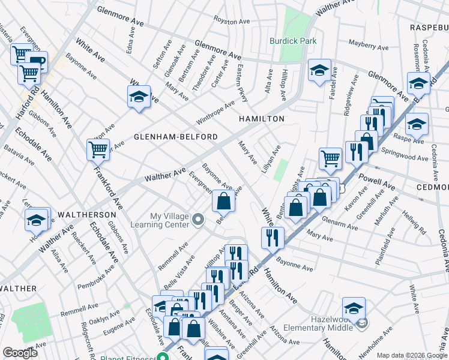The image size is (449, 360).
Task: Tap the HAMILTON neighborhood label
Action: [x=262, y=119]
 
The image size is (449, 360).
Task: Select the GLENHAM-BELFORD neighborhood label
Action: [x=175, y=137]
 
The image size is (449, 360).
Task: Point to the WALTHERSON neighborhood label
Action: [x=87, y=214]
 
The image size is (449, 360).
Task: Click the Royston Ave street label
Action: [x=232, y=22]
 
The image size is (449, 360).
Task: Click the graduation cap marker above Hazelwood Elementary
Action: [x=354, y=309]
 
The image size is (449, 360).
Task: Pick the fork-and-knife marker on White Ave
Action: [x=273, y=237]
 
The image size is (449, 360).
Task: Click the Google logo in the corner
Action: [x=20, y=353]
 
